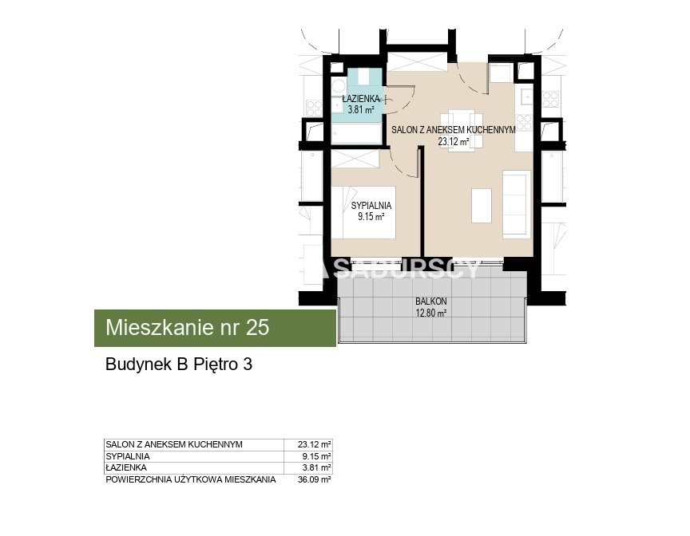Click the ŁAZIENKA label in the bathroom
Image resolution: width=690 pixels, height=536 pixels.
point(360,98)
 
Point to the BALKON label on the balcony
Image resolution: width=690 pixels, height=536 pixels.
point(430,301)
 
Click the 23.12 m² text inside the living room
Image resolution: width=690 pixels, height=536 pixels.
point(453,141)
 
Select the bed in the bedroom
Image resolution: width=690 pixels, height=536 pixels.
point(363,213)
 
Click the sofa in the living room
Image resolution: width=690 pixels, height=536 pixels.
point(516,204)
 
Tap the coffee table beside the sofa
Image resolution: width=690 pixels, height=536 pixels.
point(482,206)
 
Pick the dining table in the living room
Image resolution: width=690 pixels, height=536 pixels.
point(462,131)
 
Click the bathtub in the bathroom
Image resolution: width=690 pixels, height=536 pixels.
point(356,133)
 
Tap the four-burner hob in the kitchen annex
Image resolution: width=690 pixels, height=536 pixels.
point(524,123)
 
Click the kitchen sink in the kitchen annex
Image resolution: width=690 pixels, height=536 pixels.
point(526,97)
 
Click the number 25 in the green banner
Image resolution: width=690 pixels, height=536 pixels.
point(257,328)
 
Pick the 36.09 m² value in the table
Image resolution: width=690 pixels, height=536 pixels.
point(314,479)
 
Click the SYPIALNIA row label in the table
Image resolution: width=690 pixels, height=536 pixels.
point(128,456)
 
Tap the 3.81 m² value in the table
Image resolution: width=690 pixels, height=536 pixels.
point(316,468)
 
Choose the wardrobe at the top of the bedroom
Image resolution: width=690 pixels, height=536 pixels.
point(355,158)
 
